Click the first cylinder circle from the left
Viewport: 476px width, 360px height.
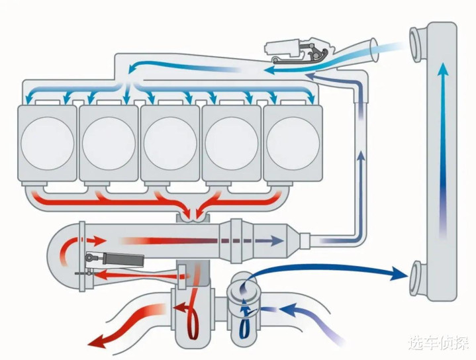pos(48,142)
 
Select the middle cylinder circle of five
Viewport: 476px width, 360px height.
pos(170,142)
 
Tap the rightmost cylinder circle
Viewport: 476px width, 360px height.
pos(292,142)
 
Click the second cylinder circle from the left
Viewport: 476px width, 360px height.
pos(109,142)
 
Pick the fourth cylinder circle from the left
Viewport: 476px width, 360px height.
pos(231,142)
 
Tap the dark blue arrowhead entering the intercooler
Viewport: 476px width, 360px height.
pos(400,273)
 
